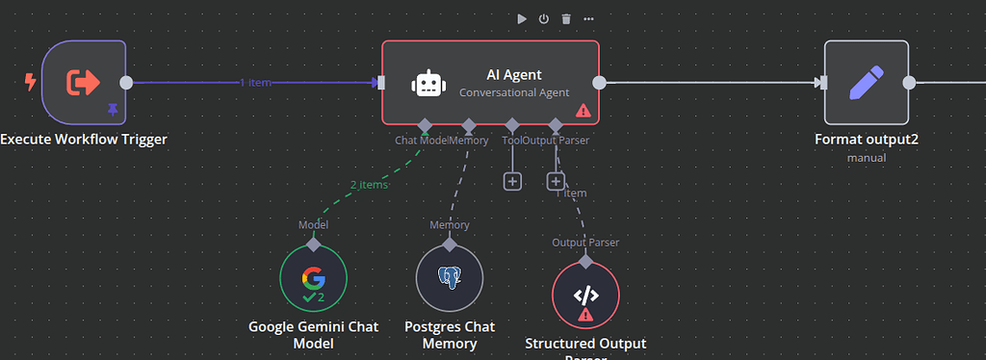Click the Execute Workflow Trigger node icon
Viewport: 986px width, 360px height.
[83, 83]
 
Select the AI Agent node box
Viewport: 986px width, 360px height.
[490, 83]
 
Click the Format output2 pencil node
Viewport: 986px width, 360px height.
[866, 83]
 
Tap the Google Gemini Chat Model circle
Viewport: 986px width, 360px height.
[313, 278]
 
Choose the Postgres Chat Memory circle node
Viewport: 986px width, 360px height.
[448, 278]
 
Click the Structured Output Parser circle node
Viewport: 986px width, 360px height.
[585, 296]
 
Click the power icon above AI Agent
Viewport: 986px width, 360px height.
[543, 19]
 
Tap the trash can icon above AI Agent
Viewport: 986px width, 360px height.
[566, 19]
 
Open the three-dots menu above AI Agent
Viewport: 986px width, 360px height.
[588, 19]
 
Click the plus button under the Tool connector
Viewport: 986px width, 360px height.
[512, 181]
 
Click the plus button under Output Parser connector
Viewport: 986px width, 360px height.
[556, 181]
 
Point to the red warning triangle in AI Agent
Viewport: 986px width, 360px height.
[583, 111]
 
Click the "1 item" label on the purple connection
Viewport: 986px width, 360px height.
[255, 83]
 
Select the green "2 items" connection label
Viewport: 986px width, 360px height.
[369, 184]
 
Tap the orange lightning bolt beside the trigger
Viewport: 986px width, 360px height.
[30, 83]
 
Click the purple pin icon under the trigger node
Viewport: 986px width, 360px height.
[113, 110]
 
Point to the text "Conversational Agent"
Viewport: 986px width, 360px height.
[514, 93]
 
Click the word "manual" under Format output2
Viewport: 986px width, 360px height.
[866, 157]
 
